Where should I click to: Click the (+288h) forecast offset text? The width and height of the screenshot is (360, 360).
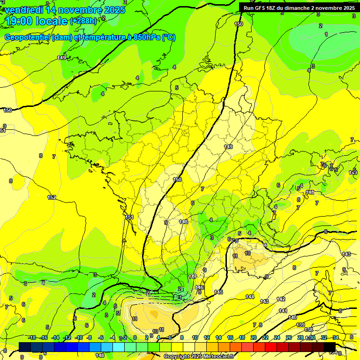[83, 21]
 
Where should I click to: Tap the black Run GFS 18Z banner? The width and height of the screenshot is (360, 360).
[298, 8]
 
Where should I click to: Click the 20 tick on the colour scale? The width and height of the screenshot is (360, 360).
[254, 337]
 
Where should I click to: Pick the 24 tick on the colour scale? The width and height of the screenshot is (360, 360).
[277, 337]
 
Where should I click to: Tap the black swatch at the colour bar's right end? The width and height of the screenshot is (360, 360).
[330, 346]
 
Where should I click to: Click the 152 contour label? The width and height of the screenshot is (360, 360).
[52, 197]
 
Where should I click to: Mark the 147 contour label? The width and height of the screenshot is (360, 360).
[193, 277]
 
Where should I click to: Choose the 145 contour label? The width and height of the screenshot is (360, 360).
[218, 292]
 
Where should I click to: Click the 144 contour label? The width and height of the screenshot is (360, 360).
[250, 297]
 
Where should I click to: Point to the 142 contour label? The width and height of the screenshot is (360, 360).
[281, 299]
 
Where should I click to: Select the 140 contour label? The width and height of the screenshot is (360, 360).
[292, 317]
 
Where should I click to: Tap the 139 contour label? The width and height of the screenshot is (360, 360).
[300, 325]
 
